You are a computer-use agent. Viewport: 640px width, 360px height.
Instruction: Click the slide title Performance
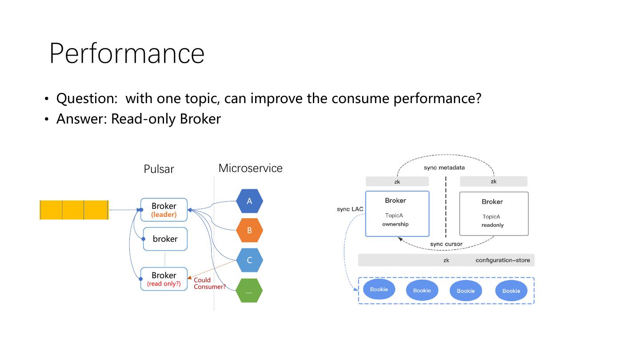point(127,53)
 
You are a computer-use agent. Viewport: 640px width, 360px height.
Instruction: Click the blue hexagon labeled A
point(249,201)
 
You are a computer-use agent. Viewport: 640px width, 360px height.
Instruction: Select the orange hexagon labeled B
point(249,230)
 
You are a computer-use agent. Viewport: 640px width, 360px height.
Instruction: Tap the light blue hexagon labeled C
point(249,260)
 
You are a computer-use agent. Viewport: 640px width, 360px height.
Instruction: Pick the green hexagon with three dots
point(249,291)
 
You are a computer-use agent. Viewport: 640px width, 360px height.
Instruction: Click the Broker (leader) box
point(164,210)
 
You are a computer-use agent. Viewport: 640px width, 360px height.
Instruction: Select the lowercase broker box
point(165,239)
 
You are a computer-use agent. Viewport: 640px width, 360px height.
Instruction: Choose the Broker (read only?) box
point(164,279)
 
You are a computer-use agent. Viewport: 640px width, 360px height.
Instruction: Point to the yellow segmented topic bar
point(74,210)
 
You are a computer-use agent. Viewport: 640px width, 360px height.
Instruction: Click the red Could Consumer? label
point(209,284)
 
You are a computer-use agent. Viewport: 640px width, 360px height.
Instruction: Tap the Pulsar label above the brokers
point(159,169)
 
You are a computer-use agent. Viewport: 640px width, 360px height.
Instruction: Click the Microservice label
point(250,168)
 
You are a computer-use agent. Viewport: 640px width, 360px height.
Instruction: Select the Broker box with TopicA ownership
point(397,214)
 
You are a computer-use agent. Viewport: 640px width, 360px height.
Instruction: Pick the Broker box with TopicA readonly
point(493,214)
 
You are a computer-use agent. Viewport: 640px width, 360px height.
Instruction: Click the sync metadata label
point(444,168)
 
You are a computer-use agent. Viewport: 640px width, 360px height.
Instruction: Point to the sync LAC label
point(350,209)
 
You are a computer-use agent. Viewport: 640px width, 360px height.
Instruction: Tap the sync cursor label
point(446,244)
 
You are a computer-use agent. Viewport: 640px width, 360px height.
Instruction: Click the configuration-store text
point(503,260)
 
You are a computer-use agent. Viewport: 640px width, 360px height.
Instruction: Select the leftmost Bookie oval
point(379,289)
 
